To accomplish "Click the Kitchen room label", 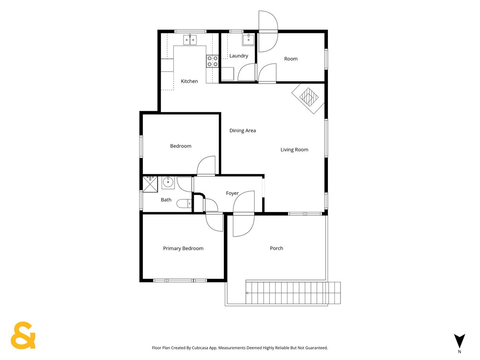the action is click(189, 81).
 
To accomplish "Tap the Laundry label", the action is click(238, 56).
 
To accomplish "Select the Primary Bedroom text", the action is click(183, 248).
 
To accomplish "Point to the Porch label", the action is click(276, 248).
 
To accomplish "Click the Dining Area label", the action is click(242, 131).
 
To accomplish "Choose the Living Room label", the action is click(295, 149).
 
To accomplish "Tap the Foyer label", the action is click(232, 193).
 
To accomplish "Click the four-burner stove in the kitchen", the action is click(212, 61).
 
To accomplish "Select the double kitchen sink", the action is click(190, 40).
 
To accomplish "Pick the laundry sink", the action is click(248, 40).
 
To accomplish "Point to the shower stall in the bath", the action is click(150, 184).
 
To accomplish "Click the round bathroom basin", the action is click(168, 183).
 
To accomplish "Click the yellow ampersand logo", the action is click(23, 335).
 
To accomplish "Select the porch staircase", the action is click(293, 293).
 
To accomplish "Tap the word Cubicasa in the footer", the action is click(200, 348).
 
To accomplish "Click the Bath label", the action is click(166, 200).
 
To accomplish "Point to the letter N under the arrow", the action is click(460, 351).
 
